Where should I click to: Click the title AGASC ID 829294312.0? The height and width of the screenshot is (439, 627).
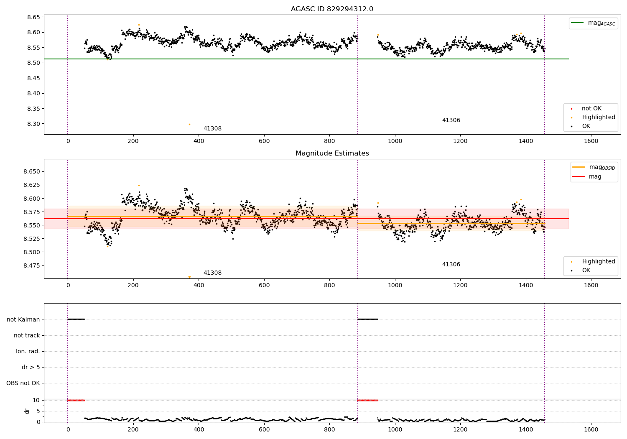pos(332,9)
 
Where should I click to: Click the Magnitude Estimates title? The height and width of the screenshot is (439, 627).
pos(332,153)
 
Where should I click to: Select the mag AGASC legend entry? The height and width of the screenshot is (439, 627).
pos(593,23)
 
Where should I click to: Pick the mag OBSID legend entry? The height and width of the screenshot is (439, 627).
pos(594,167)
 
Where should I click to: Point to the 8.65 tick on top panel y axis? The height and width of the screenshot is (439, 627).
pos(33,18)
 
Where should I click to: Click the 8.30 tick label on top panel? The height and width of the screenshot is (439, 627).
pos(33,124)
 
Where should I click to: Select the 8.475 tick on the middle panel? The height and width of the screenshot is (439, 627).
pos(32,265)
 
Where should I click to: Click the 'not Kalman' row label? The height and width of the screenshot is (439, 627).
pos(23,319)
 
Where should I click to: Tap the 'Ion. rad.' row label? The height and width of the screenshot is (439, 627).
pos(28,351)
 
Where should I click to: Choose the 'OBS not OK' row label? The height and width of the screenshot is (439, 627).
pos(23,383)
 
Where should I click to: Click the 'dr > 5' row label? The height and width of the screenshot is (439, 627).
pos(31,367)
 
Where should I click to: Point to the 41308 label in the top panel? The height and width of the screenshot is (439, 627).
pos(212,128)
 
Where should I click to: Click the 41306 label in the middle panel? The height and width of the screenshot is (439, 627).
pos(451,264)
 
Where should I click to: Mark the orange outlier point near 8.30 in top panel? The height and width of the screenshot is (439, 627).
pos(189,124)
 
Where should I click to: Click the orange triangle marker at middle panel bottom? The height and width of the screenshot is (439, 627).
pos(189,277)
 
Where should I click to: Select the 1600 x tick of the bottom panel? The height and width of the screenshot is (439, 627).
pos(591,429)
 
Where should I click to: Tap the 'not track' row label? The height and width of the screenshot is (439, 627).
pos(27,335)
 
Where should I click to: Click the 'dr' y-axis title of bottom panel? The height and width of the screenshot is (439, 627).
pos(27,411)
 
